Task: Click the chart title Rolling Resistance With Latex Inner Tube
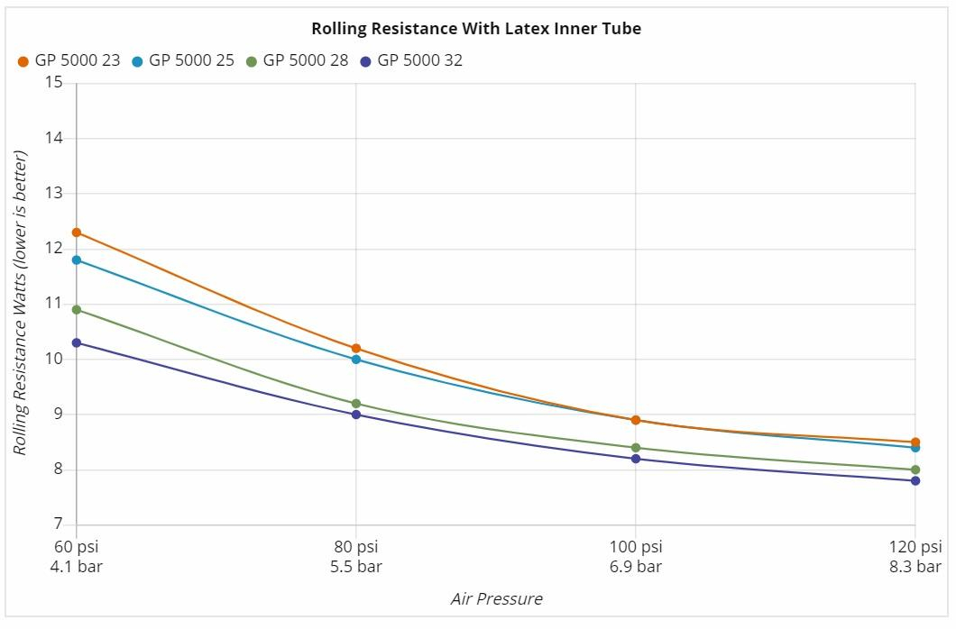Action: (x=476, y=29)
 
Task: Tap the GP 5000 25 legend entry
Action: (x=182, y=60)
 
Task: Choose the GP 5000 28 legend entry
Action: (x=297, y=60)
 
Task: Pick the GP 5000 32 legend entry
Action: (x=411, y=60)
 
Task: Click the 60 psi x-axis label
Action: (x=77, y=547)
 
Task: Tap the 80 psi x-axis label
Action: (x=356, y=547)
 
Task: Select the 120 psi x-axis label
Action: (x=915, y=547)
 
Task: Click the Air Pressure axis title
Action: (x=496, y=599)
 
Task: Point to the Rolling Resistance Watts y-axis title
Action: (x=21, y=303)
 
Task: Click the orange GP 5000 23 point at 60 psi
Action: (x=77, y=232)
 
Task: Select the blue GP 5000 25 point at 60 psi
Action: (x=77, y=260)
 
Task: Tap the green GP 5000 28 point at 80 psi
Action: (x=356, y=404)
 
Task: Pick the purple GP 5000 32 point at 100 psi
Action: (x=636, y=459)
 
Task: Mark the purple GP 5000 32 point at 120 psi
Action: (x=915, y=480)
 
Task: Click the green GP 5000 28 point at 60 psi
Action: (x=77, y=310)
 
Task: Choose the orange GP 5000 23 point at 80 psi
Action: (x=356, y=348)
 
